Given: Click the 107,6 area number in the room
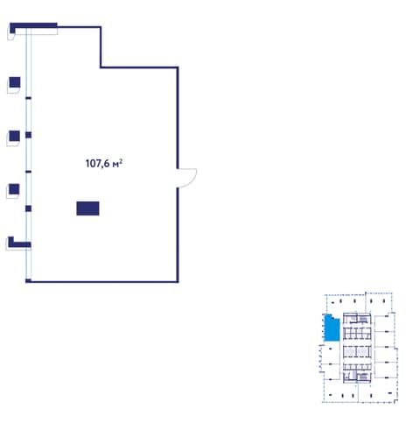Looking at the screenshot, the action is [97, 164].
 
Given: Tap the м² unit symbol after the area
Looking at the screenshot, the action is [117, 164].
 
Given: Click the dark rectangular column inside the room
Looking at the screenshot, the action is [87, 208].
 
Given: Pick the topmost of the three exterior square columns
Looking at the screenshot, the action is [15, 82].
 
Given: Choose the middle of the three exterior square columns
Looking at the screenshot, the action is [14, 136].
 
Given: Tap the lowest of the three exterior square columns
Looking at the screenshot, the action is [14, 189].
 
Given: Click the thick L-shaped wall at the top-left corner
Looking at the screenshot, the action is [33, 25].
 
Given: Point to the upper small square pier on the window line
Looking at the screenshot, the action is [28, 135].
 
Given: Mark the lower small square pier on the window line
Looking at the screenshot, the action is [28, 208].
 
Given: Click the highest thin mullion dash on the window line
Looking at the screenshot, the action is [28, 98].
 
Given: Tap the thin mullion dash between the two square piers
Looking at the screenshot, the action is [28, 172].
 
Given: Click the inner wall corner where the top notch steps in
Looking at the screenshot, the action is [101, 67].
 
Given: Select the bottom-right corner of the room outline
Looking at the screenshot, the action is [178, 282].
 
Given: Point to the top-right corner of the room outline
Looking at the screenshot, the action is [178, 67].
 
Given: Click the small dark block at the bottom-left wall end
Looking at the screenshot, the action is [28, 281].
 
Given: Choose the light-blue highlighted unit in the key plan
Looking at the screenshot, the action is [332, 328].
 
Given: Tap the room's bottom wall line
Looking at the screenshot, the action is [102, 282].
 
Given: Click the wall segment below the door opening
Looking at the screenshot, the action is [178, 235].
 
